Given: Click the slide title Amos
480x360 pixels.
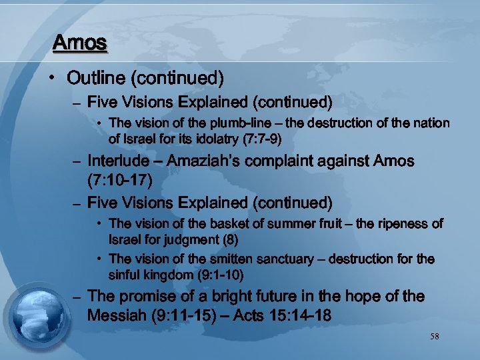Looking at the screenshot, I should (79, 43).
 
